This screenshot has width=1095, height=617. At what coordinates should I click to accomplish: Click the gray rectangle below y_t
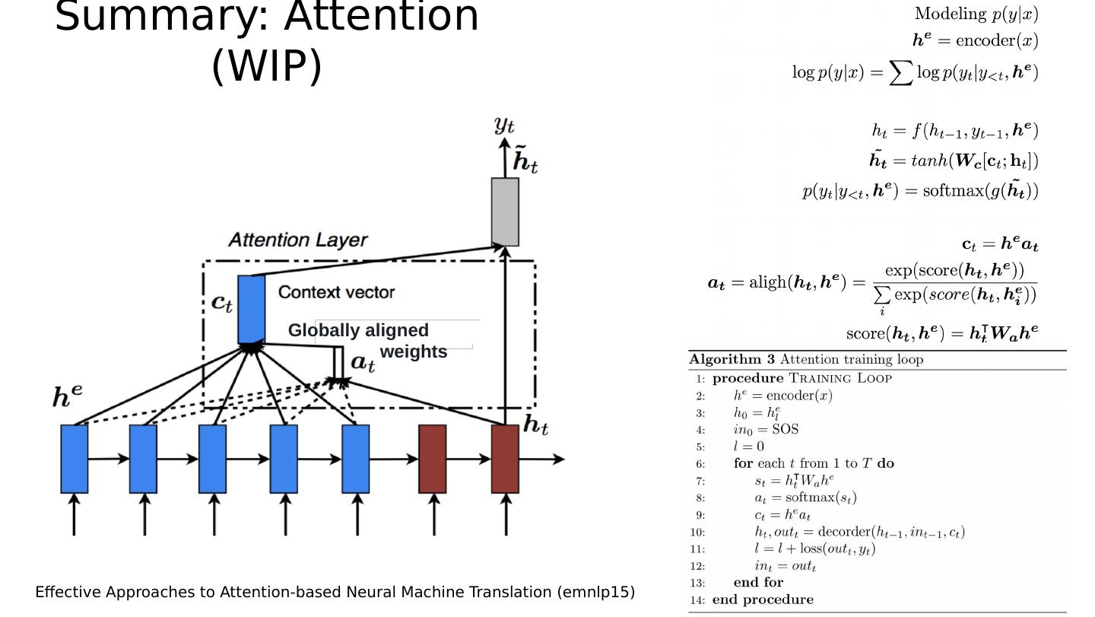tap(505, 211)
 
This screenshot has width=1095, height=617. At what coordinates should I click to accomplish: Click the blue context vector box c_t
tap(251, 309)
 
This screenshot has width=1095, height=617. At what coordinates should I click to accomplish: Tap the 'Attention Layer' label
tap(297, 240)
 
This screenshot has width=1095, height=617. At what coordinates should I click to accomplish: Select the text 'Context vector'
tap(336, 292)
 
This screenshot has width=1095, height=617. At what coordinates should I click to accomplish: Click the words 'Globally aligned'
tap(358, 330)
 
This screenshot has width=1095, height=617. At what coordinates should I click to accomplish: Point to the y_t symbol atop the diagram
tap(504, 125)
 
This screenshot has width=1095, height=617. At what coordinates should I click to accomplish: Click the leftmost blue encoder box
tap(75, 458)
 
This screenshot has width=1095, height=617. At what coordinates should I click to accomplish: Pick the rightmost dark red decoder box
tap(505, 458)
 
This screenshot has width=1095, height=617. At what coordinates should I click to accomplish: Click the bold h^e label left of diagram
tap(67, 397)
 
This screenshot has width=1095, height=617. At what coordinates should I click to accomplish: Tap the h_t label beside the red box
tap(535, 426)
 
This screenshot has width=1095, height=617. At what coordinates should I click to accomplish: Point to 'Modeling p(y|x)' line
tap(976, 13)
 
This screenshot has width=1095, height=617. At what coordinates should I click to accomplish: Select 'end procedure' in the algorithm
tap(763, 600)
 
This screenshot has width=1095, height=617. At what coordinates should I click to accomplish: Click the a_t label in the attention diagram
tap(363, 364)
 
